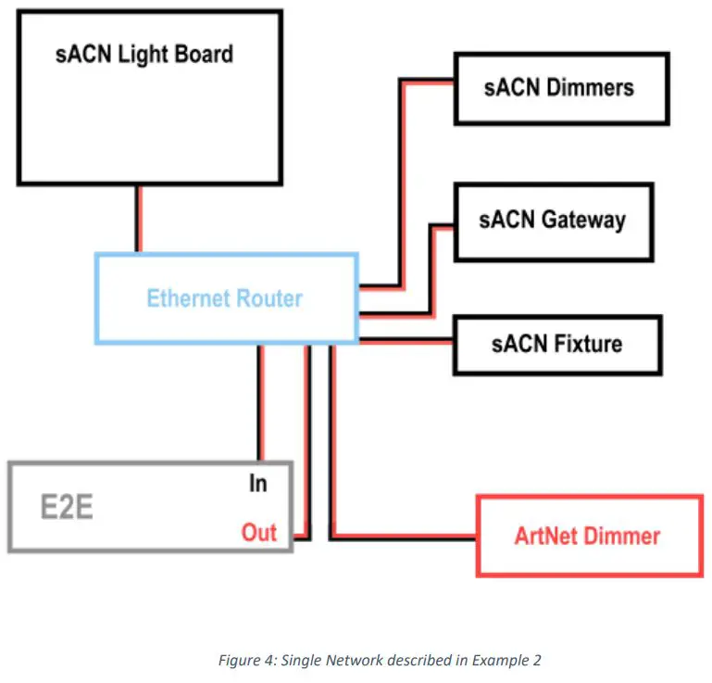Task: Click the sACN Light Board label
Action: (x=144, y=54)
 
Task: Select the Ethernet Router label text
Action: (x=224, y=298)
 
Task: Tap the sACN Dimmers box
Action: (x=560, y=88)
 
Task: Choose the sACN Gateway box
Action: (x=553, y=221)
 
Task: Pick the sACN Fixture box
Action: (x=556, y=344)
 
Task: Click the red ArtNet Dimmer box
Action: (x=588, y=536)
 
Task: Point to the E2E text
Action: (x=66, y=508)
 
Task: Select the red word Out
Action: (x=259, y=533)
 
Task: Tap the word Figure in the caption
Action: (x=238, y=660)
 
